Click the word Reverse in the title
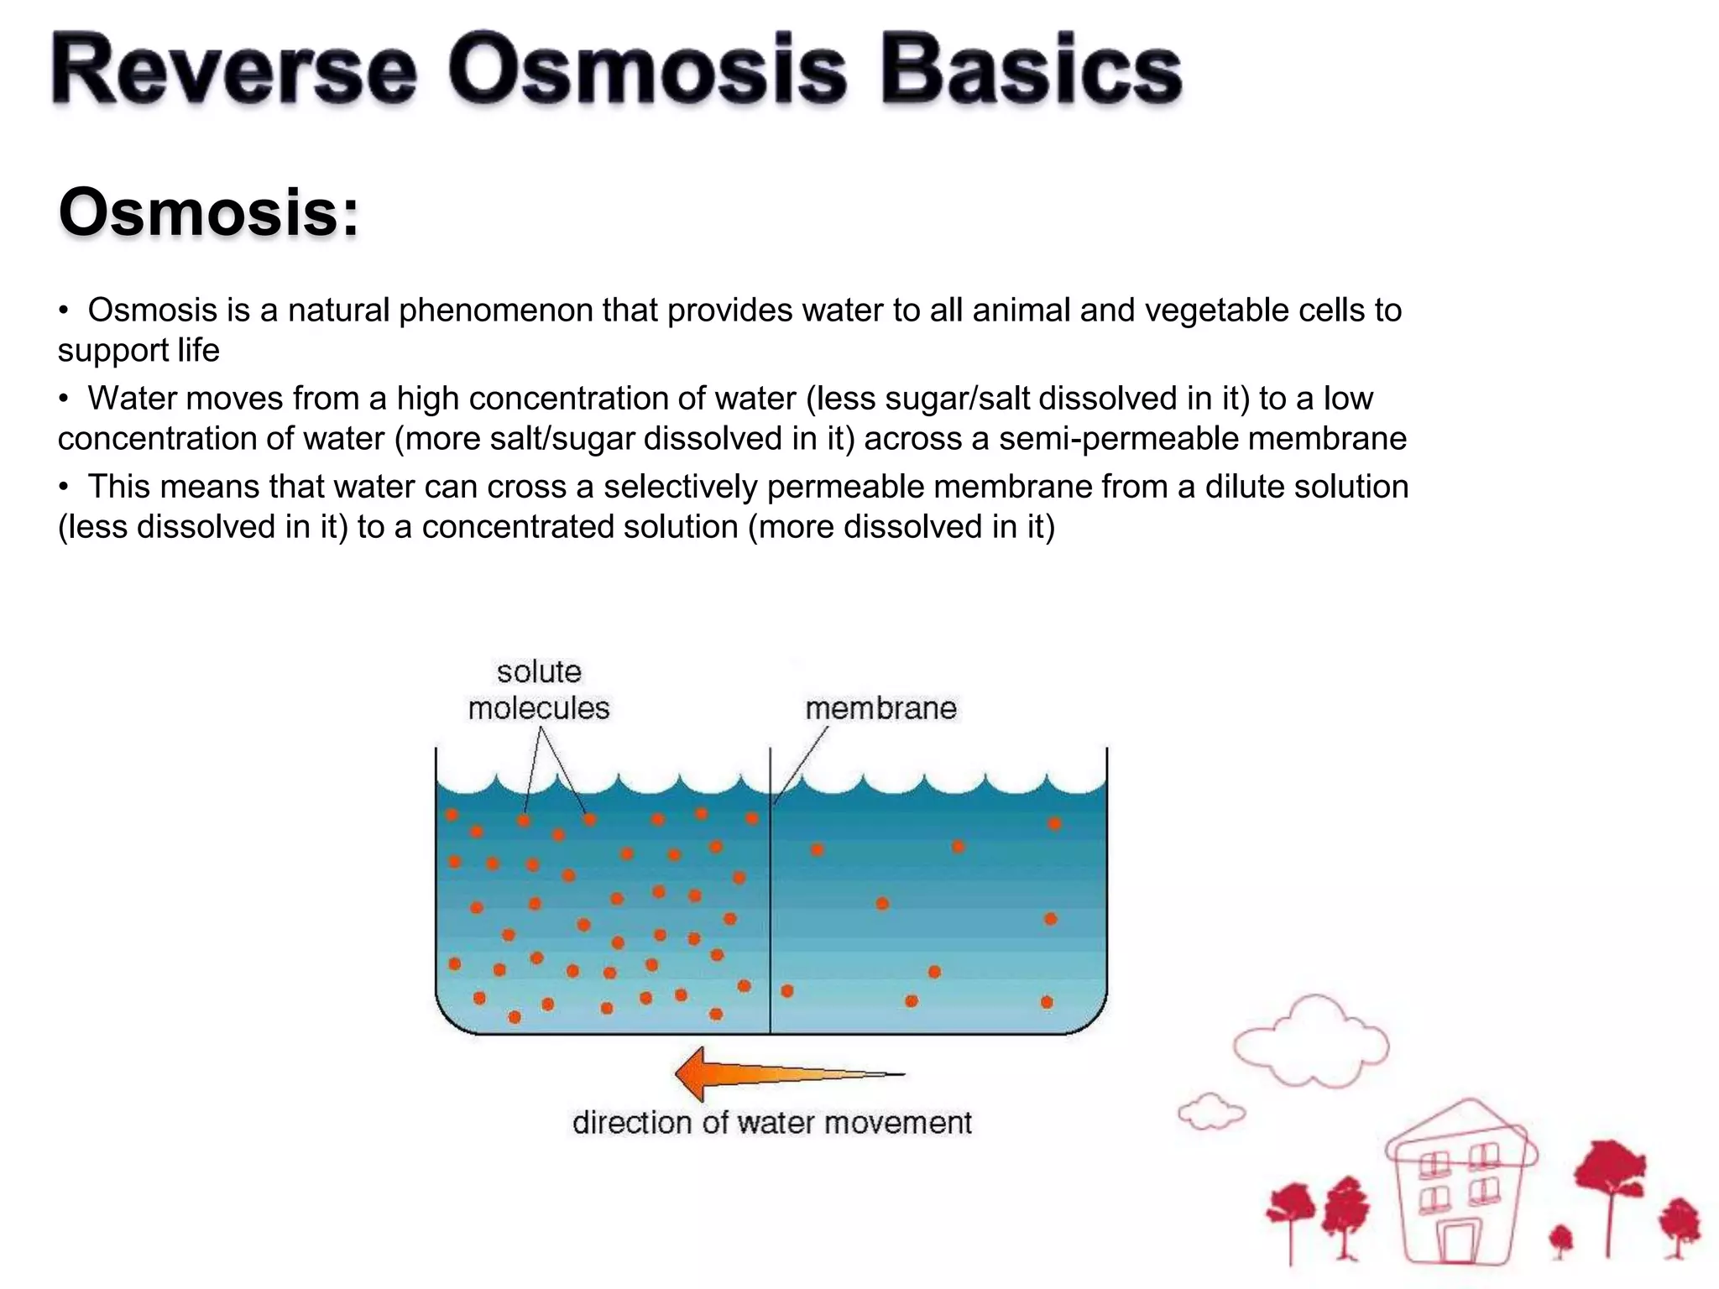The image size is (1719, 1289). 233,72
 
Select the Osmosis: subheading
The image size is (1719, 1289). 208,213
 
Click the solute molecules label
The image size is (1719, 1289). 538,691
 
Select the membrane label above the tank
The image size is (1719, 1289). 880,709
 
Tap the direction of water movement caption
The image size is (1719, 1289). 771,1123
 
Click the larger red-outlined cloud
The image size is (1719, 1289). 1309,1041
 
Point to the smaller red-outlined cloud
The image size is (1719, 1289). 1211,1113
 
